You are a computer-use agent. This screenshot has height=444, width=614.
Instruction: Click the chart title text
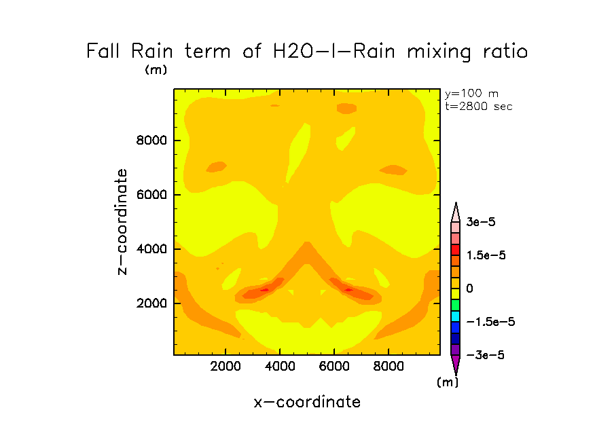coord(307,52)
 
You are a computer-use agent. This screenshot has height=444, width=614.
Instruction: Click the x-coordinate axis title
coord(307,402)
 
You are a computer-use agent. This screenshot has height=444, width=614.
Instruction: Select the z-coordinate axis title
coord(123,222)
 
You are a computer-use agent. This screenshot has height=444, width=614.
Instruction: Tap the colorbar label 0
coord(469,289)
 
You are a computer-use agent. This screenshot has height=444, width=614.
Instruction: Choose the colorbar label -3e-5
coord(484,355)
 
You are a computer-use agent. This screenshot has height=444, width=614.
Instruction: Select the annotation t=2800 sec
coord(478,106)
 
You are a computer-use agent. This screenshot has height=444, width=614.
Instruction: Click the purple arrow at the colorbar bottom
coord(456,365)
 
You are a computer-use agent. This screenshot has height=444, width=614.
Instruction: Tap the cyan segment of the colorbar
coord(456,316)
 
